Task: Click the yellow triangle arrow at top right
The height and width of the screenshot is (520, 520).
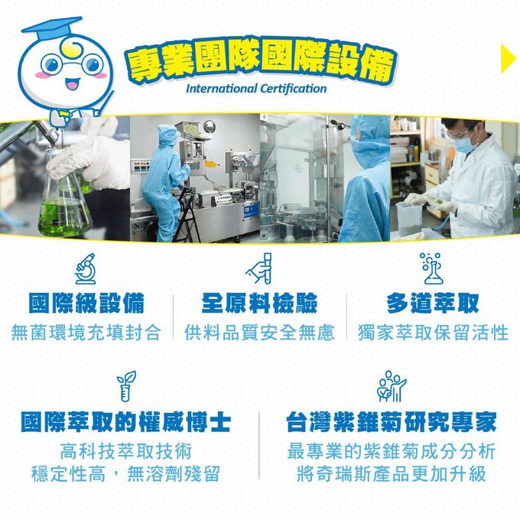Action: [x=508, y=59]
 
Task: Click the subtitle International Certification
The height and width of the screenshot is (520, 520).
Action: [x=256, y=89]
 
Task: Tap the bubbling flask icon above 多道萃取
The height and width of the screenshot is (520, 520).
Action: [x=432, y=267]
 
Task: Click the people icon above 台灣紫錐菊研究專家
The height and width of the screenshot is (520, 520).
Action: [x=392, y=386]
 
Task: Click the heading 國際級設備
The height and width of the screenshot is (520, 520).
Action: [x=86, y=303]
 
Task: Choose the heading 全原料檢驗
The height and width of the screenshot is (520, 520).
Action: [x=259, y=303]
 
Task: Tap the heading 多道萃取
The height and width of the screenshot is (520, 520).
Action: [x=433, y=303]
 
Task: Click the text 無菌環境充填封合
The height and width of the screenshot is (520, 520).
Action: [x=86, y=333]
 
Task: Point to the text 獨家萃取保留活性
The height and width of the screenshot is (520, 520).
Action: [x=433, y=333]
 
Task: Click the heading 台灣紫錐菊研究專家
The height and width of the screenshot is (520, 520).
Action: [x=392, y=421]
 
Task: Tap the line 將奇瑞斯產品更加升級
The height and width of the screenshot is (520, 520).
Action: [x=392, y=474]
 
